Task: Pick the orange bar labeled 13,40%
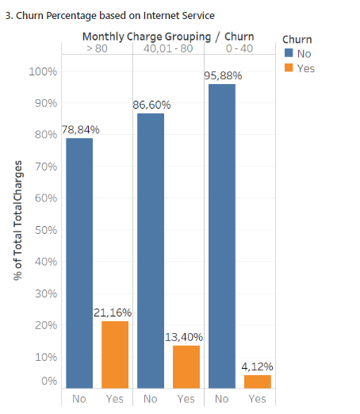[x=186, y=366]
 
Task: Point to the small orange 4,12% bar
[x=257, y=381]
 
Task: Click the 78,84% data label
[x=80, y=129]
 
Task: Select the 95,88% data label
[x=223, y=75]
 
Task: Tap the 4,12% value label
[x=258, y=366]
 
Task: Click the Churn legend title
[x=297, y=39]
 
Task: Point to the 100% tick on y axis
[x=44, y=71]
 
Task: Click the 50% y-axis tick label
[x=46, y=230]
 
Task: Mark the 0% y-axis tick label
[x=48, y=381]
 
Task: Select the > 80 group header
[x=97, y=48]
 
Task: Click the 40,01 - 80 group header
[x=168, y=48]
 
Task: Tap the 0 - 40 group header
[x=239, y=48]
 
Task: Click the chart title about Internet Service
[x=110, y=15]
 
